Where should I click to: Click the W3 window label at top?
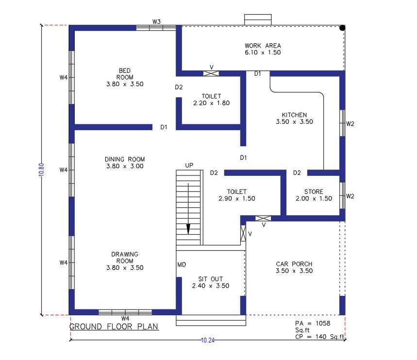tap(156, 21)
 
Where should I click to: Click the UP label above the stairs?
tap(189, 166)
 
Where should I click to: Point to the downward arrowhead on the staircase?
tap(188, 229)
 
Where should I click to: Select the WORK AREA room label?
tap(263, 46)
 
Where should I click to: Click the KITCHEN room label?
tap(294, 115)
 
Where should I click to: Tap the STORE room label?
tap(314, 191)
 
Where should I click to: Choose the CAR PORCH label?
tap(294, 264)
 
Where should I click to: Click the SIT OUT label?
tap(211, 279)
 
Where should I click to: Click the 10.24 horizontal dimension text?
tap(207, 340)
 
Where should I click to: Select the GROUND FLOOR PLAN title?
tap(114, 326)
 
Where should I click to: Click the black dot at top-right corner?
tap(342, 28)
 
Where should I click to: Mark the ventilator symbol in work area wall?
tap(211, 74)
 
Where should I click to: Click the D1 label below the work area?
tap(257, 74)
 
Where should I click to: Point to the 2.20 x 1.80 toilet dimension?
tap(211, 103)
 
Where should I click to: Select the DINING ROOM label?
tap(125, 159)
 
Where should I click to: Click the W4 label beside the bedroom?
tap(63, 77)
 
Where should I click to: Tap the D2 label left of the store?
tap(297, 173)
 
